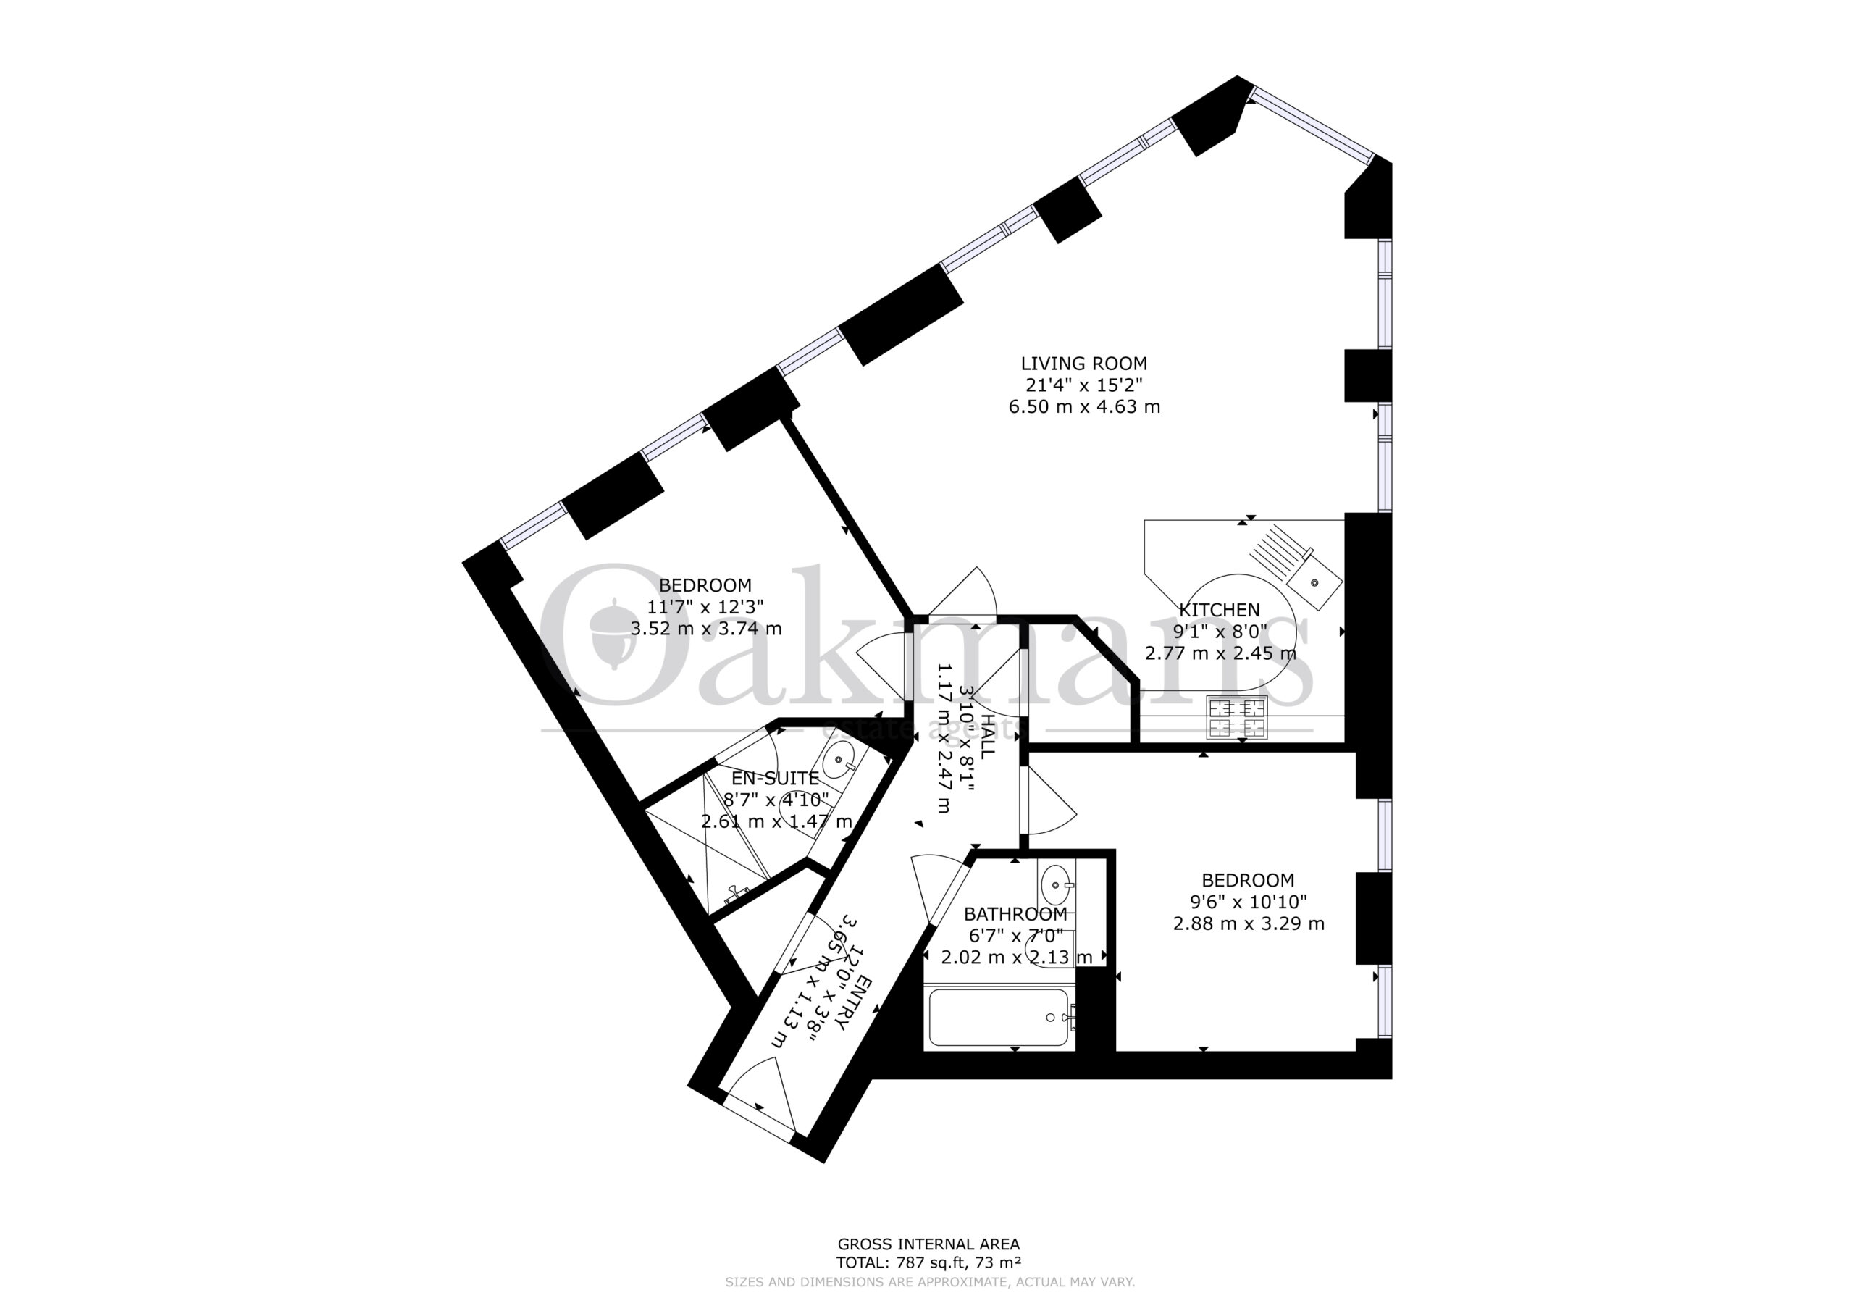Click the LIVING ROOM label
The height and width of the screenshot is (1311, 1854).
pos(1083,364)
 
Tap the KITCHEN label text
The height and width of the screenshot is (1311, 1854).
pos(1220,610)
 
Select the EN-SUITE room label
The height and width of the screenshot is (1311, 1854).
pos(775,779)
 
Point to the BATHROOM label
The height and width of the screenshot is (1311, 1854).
pos(1016,914)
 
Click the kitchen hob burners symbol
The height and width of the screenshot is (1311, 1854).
pos(1236,717)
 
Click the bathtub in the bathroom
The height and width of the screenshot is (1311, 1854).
pos(999,1018)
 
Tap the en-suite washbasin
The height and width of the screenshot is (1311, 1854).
pos(841,760)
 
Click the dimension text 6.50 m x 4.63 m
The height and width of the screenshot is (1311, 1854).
pos(1083,406)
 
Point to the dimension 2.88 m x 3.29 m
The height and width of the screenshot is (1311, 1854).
pos(1249,923)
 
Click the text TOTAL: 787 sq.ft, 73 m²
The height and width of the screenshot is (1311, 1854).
pos(928,1262)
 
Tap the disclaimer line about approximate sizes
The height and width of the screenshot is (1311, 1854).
pos(929,1281)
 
